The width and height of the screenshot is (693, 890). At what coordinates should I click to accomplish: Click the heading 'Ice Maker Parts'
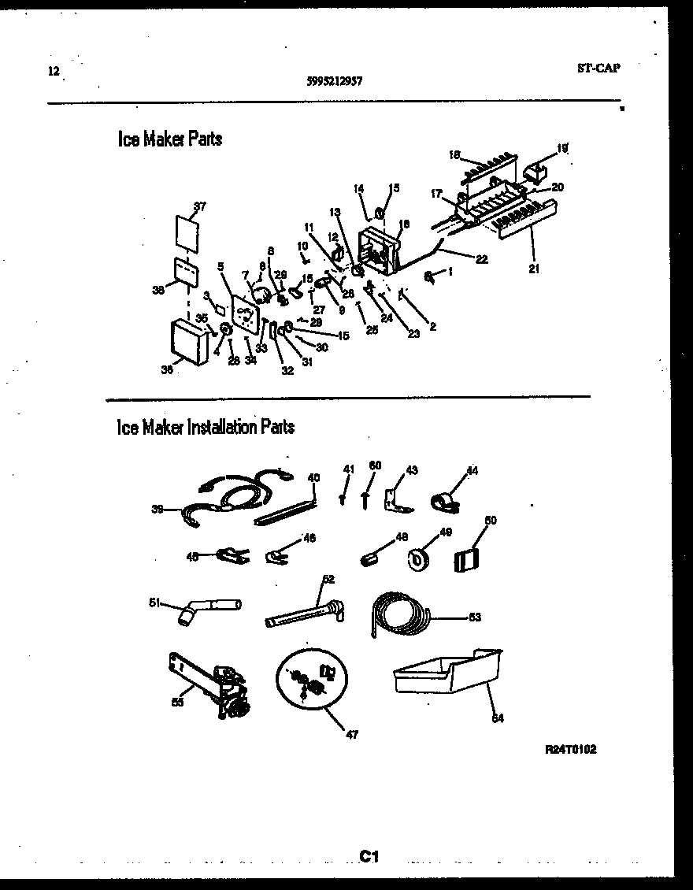pyautogui.click(x=169, y=139)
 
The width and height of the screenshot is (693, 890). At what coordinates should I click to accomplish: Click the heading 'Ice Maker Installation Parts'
pyautogui.click(x=206, y=427)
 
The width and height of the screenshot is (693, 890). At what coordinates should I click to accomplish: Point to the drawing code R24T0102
pyautogui.click(x=570, y=750)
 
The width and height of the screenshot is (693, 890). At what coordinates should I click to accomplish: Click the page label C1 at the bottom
pyautogui.click(x=369, y=856)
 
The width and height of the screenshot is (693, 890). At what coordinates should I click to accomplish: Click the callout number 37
pyautogui.click(x=199, y=206)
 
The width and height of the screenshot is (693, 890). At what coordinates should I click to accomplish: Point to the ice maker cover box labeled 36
pyautogui.click(x=190, y=341)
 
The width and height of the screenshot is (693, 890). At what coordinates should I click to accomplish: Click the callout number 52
pyautogui.click(x=328, y=579)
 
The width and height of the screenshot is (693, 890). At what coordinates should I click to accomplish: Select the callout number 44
pyautogui.click(x=472, y=471)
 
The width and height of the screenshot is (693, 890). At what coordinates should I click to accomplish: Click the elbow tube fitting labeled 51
pyautogui.click(x=205, y=608)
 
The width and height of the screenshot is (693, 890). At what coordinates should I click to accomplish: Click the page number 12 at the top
pyautogui.click(x=53, y=72)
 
